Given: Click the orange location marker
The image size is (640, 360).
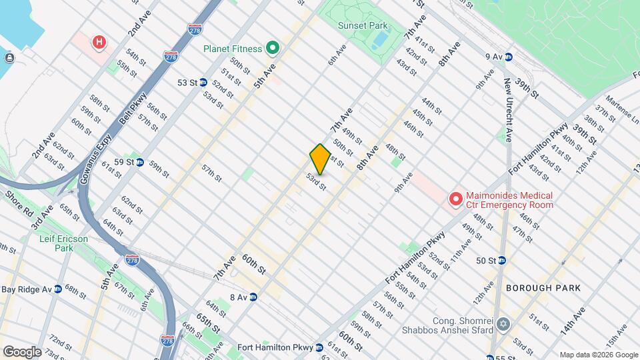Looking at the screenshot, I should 320,159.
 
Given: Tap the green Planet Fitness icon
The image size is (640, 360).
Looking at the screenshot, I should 272,48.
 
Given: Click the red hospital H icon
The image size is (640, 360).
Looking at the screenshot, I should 99,43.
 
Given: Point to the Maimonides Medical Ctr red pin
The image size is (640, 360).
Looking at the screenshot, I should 456,198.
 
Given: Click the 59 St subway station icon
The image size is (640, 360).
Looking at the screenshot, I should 140,162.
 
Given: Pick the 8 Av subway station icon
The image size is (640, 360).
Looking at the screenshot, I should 253,297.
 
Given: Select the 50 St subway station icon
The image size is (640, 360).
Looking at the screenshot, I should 502,260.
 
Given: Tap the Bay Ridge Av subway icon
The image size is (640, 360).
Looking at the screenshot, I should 58,289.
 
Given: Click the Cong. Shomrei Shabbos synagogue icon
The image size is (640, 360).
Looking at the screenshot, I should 503,325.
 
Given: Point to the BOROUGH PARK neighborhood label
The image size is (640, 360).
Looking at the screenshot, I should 543,288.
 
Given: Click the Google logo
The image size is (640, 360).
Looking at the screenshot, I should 22,351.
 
